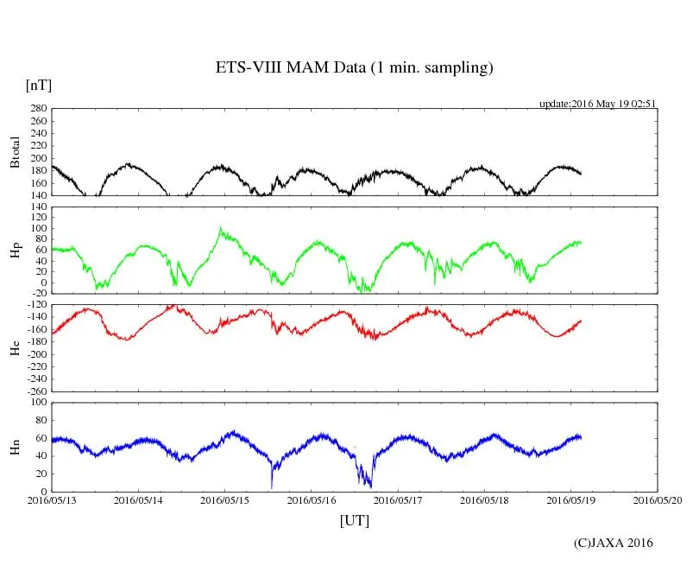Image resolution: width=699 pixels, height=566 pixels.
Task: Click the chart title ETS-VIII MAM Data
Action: point(354,68)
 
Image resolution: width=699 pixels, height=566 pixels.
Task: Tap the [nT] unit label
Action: point(38,86)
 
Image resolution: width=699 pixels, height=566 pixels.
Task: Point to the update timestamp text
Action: point(598,103)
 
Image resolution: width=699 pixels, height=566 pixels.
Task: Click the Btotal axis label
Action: point(15,152)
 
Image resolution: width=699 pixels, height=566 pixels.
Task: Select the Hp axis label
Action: point(15,250)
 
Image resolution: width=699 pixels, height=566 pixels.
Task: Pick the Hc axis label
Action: point(15,348)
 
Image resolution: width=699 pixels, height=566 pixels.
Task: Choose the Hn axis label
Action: point(15,446)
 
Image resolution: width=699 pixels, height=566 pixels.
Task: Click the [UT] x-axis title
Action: point(354,520)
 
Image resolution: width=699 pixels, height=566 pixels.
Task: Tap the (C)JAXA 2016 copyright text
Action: point(614,543)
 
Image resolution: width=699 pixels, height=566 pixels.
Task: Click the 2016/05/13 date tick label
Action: point(52,499)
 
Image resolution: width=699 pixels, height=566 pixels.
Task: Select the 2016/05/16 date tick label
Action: point(312,499)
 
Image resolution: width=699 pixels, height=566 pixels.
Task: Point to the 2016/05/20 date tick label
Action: point(658,499)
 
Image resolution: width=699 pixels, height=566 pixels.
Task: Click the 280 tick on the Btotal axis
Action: point(37,109)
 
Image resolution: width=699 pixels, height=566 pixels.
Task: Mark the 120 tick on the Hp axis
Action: point(37,207)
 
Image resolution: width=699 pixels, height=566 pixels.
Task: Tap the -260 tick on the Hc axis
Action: point(35,391)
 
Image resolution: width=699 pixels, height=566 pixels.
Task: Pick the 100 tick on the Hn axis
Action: point(37,403)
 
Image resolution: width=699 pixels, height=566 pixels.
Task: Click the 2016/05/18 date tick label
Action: point(485,499)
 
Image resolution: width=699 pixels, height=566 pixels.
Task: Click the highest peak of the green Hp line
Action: point(220,228)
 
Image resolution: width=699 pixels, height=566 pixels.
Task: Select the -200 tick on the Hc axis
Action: point(35,354)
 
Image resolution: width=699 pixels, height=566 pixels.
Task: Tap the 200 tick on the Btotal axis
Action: point(37,158)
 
